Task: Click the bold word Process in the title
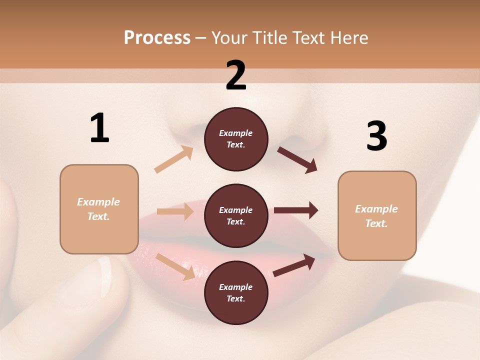click(157, 38)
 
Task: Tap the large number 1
click(99, 128)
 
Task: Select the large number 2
click(236, 75)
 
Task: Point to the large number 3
click(377, 136)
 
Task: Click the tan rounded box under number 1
click(99, 209)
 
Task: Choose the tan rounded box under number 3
click(377, 216)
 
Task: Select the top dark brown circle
click(236, 139)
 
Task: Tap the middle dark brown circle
click(236, 216)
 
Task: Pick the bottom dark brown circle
click(236, 293)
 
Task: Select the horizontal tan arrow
click(175, 211)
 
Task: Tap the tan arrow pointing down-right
click(175, 266)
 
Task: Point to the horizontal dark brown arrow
click(295, 210)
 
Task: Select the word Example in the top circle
click(236, 133)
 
